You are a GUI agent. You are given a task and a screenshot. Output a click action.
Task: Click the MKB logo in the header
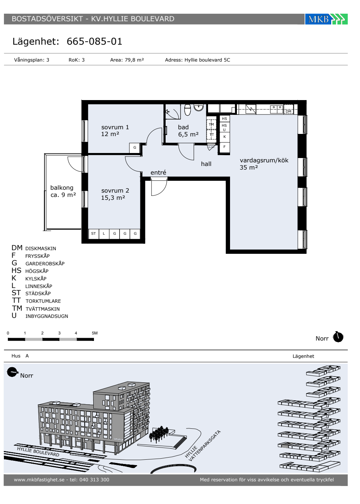326,19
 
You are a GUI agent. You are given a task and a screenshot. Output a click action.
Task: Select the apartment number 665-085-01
94,41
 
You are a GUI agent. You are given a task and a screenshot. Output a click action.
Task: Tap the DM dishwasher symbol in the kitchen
288,111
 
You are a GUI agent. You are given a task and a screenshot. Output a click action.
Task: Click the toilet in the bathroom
188,110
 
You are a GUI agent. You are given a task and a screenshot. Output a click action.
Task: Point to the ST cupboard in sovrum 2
93,234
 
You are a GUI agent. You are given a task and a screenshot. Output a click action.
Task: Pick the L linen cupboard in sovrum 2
104,234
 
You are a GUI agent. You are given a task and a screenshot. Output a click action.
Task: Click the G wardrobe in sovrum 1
135,148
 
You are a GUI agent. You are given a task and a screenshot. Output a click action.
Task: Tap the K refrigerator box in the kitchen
224,136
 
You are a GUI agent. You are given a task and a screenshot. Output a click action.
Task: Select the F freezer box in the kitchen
224,147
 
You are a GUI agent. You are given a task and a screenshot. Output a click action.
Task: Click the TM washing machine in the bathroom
211,125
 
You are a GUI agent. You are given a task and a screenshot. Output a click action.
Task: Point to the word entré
158,172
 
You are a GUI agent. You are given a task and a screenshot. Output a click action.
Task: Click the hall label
206,164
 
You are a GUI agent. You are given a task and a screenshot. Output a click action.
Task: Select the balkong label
62,188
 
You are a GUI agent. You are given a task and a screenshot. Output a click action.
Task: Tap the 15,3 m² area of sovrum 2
113,198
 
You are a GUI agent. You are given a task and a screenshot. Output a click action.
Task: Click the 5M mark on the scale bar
95,333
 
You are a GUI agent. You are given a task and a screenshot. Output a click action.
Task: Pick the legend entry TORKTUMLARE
43,301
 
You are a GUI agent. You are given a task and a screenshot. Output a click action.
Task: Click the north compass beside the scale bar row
338,337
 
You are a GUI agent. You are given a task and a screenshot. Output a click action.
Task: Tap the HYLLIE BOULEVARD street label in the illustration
38,451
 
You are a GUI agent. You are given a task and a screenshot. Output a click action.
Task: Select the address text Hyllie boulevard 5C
207,60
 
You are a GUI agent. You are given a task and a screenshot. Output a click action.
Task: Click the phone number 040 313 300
94,480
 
